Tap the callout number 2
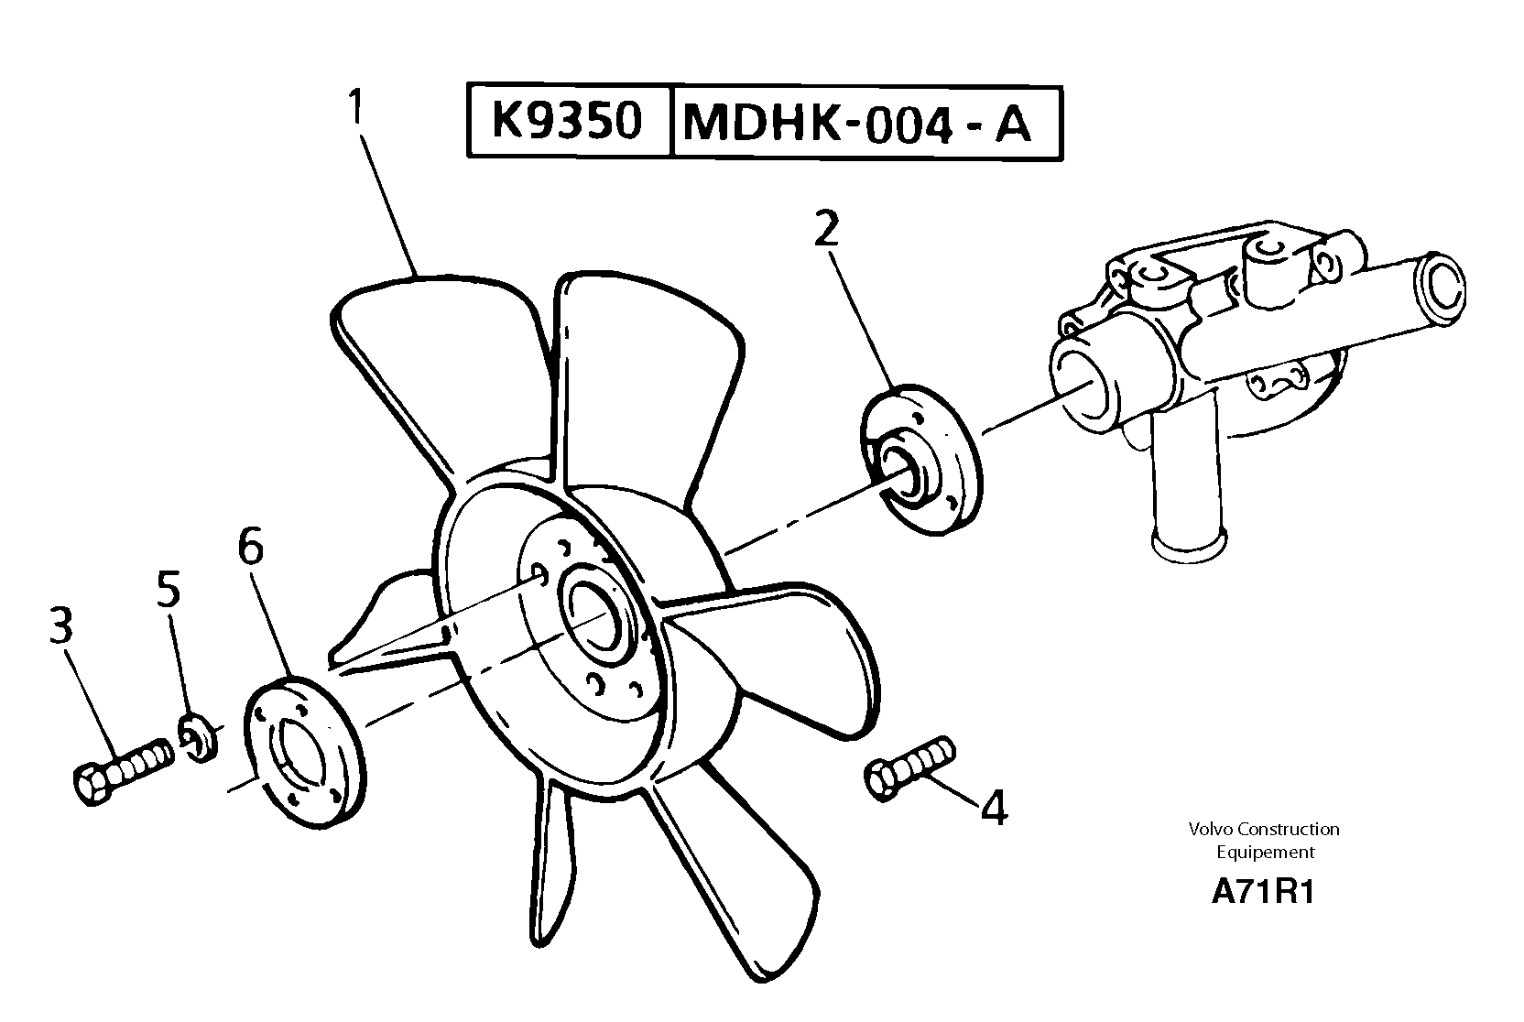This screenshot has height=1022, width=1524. [825, 230]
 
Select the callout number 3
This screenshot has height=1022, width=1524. [61, 627]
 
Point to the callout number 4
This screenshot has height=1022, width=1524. [994, 809]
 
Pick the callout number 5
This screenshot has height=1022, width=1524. [169, 591]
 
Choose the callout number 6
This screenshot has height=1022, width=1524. [250, 547]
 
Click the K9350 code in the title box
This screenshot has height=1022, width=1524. [568, 121]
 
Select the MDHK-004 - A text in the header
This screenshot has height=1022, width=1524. [857, 125]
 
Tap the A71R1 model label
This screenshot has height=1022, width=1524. [1263, 892]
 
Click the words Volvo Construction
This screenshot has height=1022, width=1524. [1264, 829]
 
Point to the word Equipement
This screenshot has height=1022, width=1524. [1265, 852]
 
